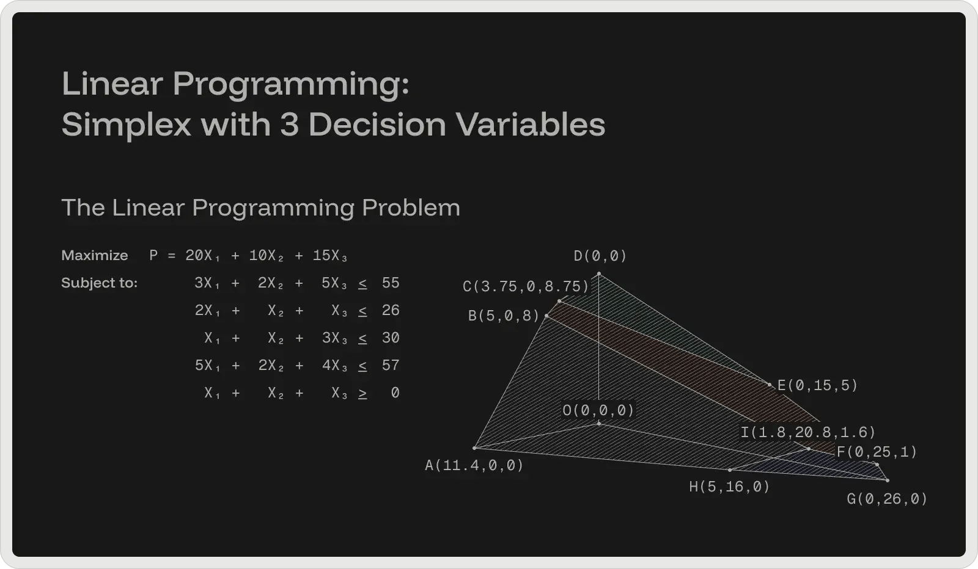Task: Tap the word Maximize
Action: (x=95, y=255)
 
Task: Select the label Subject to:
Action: (x=99, y=283)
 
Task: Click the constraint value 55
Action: (x=390, y=283)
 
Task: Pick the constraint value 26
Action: (x=390, y=311)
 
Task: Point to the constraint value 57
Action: (x=390, y=366)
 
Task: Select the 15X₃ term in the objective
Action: (x=329, y=256)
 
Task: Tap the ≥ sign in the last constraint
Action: (x=362, y=393)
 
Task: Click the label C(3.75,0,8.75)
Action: (x=526, y=286)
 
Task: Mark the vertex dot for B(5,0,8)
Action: (x=546, y=316)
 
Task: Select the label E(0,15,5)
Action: (x=817, y=386)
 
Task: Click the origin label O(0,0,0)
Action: (x=598, y=410)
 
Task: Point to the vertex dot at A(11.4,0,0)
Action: (x=474, y=448)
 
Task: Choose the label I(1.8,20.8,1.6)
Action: (x=807, y=433)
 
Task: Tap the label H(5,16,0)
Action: (x=729, y=487)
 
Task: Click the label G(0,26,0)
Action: (x=887, y=499)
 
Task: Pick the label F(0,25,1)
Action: (x=877, y=452)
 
